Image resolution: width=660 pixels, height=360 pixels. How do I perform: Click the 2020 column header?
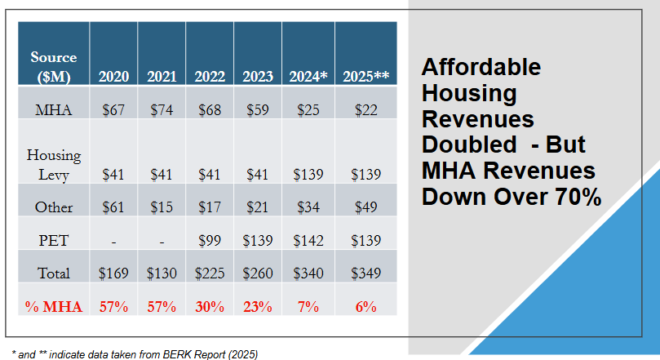[x=113, y=77]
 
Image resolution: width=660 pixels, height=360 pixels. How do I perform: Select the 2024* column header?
[x=308, y=77]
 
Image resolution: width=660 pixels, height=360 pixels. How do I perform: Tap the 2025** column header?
[x=365, y=77]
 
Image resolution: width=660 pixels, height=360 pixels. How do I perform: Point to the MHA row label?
[x=54, y=109]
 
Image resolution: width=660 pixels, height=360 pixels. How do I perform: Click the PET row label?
[x=54, y=240]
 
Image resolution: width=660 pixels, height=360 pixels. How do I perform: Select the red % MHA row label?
[x=54, y=307]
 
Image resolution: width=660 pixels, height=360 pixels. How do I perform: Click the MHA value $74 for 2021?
[x=162, y=109]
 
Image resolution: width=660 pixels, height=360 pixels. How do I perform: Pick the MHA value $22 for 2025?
[x=365, y=109]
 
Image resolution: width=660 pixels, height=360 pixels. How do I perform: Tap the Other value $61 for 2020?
[x=113, y=207]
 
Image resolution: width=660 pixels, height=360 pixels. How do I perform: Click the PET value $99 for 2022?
[x=210, y=240]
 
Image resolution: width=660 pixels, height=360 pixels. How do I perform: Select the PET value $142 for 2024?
[x=308, y=240]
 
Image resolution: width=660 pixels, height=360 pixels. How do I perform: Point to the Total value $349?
[x=365, y=273]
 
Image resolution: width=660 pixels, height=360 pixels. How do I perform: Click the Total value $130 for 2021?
[x=162, y=273]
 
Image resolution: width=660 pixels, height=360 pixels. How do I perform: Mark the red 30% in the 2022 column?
[x=210, y=307]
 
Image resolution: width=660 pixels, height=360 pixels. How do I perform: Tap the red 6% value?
[x=365, y=307]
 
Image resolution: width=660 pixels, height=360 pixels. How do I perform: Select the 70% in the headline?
[x=571, y=197]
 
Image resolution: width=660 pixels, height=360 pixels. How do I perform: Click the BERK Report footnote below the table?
[x=131, y=353]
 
